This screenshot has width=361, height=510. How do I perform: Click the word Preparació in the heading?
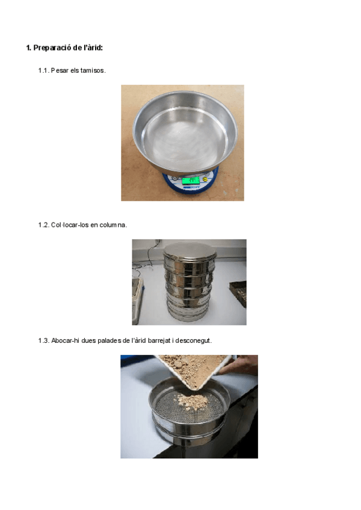coord(52,48)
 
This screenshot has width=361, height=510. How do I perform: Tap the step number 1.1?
coord(43,70)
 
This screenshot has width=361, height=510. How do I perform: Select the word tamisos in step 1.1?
coord(93,70)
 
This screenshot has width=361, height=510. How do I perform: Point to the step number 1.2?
coord(43,225)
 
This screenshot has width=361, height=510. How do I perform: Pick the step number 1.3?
coord(43,340)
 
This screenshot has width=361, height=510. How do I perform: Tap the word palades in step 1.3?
coord(110,341)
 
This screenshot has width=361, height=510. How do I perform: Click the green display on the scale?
coord(191,180)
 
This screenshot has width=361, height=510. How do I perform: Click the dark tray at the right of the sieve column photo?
coord(238,293)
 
